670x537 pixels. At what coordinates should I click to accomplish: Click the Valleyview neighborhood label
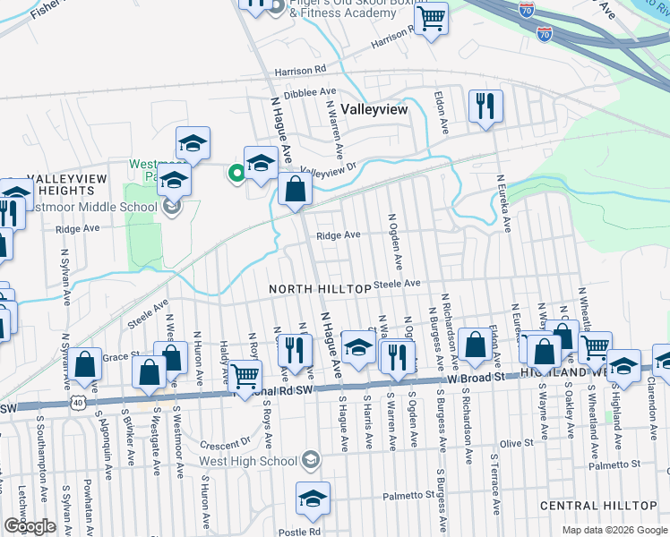[x=373, y=108]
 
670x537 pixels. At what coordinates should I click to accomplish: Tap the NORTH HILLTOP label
[x=320, y=289]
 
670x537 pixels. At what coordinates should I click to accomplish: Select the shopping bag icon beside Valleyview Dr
[x=295, y=190]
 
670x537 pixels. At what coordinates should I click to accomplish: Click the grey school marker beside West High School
[x=310, y=460]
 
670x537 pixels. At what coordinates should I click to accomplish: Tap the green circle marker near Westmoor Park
[x=237, y=173]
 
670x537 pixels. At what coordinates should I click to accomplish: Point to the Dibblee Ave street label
[x=309, y=92]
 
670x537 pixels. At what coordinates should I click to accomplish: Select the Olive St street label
[x=516, y=443]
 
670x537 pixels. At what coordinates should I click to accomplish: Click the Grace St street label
[x=116, y=356]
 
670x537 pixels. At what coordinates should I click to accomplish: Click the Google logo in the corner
[x=30, y=526]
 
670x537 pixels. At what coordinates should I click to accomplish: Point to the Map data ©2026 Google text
[x=614, y=530]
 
